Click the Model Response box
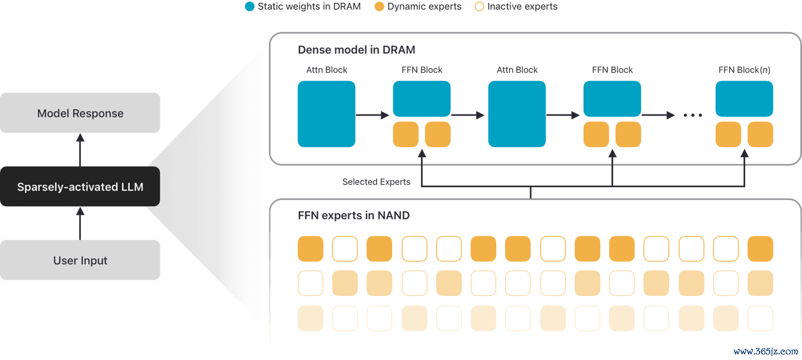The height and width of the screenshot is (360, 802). (80, 113)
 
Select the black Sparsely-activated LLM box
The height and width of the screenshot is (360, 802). (80, 186)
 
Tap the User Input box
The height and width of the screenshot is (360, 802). (80, 260)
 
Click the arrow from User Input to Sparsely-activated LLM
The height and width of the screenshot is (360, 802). (80, 223)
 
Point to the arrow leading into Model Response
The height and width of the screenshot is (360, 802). (80, 150)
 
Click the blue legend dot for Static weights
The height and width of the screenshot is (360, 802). (250, 7)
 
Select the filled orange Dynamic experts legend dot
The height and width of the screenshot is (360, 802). (379, 7)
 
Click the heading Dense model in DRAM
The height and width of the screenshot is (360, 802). (356, 50)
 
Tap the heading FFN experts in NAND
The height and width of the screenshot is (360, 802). (354, 215)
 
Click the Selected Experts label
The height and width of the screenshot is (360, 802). (376, 182)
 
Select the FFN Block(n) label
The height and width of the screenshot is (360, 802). (744, 70)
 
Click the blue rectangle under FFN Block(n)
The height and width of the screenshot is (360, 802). (744, 99)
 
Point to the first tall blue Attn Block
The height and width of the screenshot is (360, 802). (326, 114)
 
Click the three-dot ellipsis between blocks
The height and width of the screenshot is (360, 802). (693, 115)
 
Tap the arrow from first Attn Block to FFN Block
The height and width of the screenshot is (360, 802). (373, 115)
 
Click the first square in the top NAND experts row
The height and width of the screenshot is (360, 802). (310, 249)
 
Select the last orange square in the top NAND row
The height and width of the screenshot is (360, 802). (760, 249)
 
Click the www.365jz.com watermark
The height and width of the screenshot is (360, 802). (765, 352)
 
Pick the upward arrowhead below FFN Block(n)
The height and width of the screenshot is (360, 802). (745, 153)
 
